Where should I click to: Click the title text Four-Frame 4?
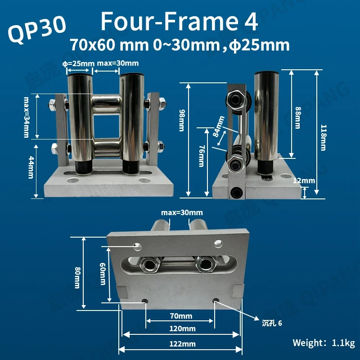[x=179, y=21]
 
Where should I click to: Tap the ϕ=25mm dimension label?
[x=80, y=63]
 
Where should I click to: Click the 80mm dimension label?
[x=77, y=273]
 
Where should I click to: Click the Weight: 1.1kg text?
[x=324, y=342]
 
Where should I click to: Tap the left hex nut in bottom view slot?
[x=148, y=264]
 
